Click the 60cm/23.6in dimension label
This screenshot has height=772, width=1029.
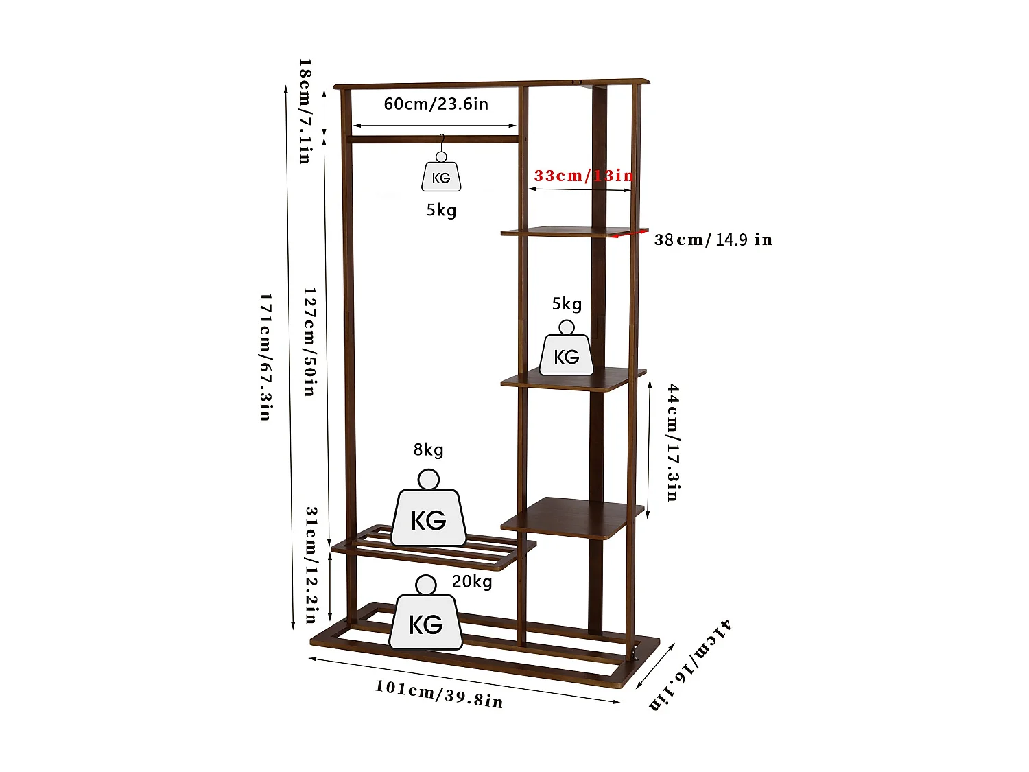point(436,104)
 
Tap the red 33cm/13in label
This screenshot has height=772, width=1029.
point(583,176)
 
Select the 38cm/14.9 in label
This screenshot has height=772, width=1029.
point(713,239)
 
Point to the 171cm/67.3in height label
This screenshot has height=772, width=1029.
point(265,357)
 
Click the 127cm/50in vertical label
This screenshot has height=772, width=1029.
point(310,342)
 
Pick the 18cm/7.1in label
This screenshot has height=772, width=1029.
point(305,111)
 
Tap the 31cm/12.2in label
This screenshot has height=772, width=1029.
point(311,564)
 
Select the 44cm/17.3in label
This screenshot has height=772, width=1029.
point(673,442)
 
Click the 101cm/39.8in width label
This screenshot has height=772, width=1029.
point(439,694)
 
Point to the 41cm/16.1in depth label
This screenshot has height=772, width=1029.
point(690,664)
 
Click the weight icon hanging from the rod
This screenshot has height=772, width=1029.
point(441,175)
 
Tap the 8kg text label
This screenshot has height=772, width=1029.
point(428,450)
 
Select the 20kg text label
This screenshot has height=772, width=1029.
point(472,582)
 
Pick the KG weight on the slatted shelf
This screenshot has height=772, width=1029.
point(429,515)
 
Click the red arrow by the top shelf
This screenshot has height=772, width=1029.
point(628,235)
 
